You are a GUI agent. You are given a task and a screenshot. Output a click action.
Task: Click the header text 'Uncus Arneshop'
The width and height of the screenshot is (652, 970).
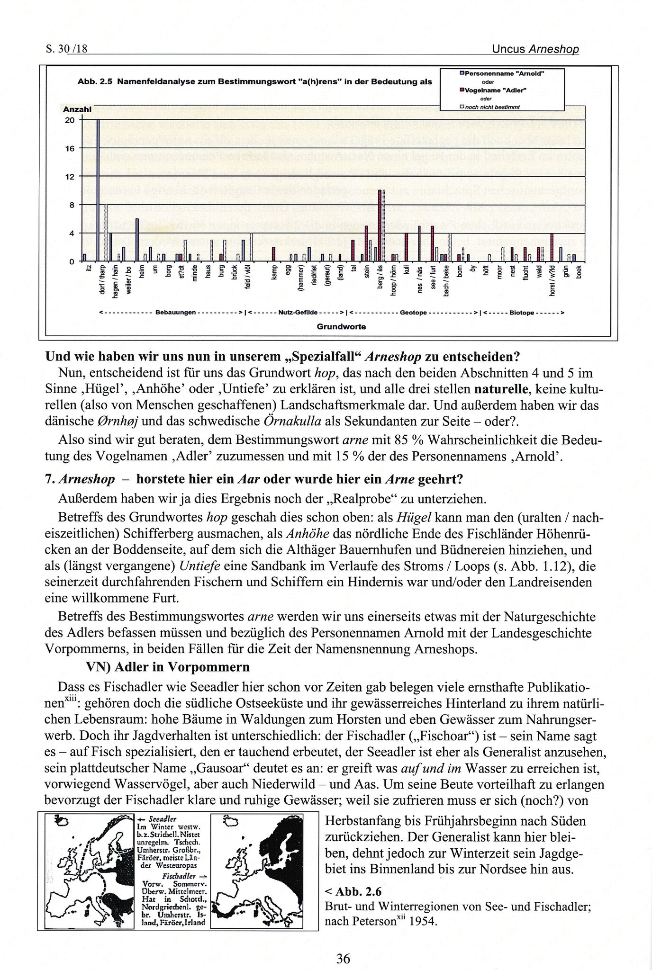(x=535, y=49)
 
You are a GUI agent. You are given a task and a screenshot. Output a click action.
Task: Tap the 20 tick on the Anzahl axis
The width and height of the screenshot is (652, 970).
(x=70, y=120)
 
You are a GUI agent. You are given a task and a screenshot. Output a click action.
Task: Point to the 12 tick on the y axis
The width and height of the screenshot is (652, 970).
(x=70, y=177)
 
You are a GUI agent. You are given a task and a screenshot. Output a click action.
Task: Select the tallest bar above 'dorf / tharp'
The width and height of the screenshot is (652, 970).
(x=98, y=189)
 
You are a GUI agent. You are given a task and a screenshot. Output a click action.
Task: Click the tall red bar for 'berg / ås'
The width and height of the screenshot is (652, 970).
(x=380, y=225)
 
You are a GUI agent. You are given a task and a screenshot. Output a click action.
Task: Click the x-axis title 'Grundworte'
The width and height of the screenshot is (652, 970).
(x=341, y=326)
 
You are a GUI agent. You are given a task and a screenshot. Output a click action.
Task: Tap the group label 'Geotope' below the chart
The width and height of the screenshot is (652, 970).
(x=413, y=313)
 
